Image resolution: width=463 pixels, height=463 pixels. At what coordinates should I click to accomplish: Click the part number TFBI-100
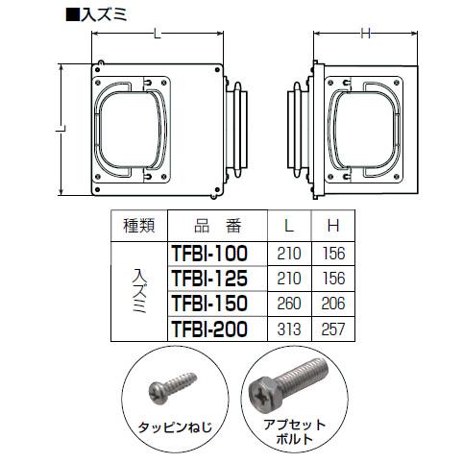[x=208, y=254]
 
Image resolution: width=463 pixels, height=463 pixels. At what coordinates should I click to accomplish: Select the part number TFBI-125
[x=208, y=279]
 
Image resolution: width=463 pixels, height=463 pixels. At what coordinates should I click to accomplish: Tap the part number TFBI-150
[x=208, y=304]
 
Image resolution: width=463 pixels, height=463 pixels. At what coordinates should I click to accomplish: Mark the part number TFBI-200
[x=208, y=329]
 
